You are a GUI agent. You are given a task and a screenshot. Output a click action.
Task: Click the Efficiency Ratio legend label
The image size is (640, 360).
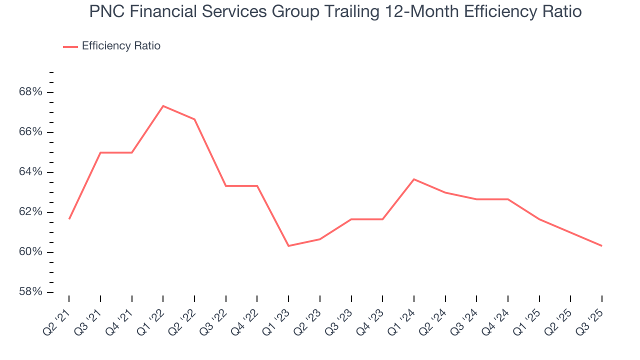121,46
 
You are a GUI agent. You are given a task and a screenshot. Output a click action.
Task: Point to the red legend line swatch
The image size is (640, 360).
70,46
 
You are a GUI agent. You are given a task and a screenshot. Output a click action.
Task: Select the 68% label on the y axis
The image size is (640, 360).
31,92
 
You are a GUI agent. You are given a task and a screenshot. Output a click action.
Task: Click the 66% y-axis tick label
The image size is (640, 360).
31,132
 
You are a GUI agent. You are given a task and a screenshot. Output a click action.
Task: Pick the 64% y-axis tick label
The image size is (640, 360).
31,172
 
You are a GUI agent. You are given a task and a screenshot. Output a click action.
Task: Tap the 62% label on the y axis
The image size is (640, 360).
31,212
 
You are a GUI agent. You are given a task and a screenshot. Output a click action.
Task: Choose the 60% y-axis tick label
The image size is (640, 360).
31,252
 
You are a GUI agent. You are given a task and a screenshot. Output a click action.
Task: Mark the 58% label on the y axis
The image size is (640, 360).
31,292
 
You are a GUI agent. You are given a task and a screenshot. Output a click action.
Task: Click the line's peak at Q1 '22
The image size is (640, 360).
163,106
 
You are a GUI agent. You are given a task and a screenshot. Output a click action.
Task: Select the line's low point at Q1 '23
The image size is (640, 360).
288,246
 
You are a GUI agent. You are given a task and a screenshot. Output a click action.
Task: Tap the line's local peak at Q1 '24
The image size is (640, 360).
414,179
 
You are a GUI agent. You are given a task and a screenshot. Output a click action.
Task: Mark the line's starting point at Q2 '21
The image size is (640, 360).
69,219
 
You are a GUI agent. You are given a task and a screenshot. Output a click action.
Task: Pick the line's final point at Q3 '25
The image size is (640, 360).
601,246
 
